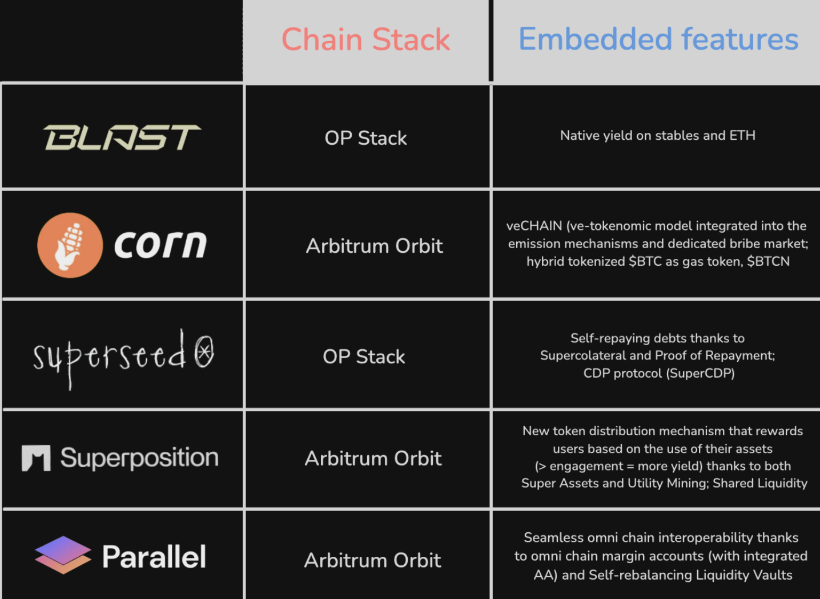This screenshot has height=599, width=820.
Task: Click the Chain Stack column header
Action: coord(365,40)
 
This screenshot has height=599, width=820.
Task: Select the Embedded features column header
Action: coord(658,39)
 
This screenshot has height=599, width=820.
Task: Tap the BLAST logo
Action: coord(122,137)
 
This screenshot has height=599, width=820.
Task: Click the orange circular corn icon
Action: coord(70,245)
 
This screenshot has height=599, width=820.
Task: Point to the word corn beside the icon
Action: coord(160,245)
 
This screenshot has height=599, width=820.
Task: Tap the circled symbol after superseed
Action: coord(204,351)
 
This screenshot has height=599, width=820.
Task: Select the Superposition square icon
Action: coord(36,458)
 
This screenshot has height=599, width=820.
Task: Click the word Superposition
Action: coord(139,458)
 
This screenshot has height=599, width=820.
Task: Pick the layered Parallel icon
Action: coord(63,555)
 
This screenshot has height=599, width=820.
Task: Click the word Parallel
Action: coord(154,557)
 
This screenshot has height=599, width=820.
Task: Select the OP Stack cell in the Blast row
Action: coord(365,138)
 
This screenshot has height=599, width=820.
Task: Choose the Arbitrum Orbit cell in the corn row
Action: coord(374,246)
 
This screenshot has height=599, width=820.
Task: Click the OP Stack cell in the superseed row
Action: coord(364,357)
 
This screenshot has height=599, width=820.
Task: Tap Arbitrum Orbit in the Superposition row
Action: coord(373,459)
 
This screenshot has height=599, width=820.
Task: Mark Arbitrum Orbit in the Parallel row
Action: coord(372,561)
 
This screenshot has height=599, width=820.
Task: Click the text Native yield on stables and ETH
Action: coord(657,136)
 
